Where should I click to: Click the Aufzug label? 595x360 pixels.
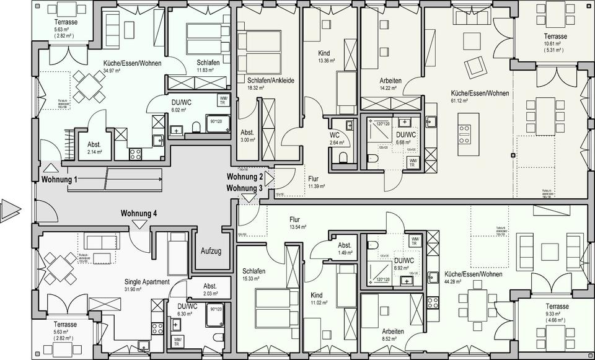(x=211, y=251)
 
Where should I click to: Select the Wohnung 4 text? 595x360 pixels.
(x=139, y=214)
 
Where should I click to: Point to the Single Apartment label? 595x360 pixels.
(x=147, y=281)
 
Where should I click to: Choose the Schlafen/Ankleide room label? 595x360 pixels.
(x=270, y=81)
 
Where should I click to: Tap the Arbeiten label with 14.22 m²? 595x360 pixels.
(x=390, y=81)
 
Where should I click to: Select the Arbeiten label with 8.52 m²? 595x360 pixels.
(x=393, y=331)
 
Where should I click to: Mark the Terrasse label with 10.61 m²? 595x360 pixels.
(x=556, y=37)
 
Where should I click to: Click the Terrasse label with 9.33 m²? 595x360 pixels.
(x=557, y=307)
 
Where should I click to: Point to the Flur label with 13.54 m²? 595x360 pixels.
(x=294, y=219)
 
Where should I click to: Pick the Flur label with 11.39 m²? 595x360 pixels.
(x=314, y=178)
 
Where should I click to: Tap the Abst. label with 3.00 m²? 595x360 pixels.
(x=247, y=133)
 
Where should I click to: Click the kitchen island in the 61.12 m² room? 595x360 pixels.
(x=464, y=133)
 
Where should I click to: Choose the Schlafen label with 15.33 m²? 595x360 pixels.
(x=254, y=272)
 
